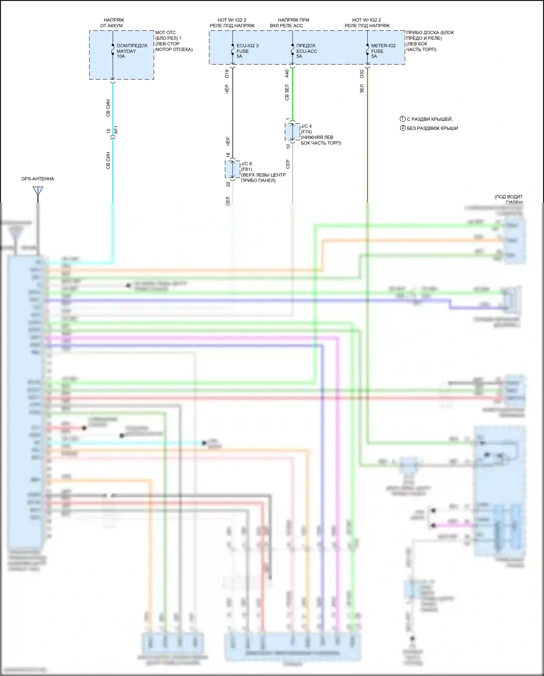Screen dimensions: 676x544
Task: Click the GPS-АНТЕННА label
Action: (x=37, y=179)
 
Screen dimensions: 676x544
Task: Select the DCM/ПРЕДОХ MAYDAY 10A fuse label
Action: (x=132, y=51)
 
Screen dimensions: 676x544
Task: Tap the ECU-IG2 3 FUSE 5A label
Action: (x=247, y=51)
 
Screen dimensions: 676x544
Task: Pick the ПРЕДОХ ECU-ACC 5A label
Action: (x=306, y=51)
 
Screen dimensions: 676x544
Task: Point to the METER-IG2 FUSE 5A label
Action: (x=383, y=51)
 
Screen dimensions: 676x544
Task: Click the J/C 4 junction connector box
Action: (x=292, y=131)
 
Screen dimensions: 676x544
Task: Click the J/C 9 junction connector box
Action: (x=232, y=169)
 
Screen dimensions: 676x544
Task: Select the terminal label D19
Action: (x=227, y=74)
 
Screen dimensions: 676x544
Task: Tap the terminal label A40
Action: (x=287, y=74)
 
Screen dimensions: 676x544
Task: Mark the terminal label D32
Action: (x=362, y=74)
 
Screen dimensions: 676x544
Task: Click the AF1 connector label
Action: (x=116, y=130)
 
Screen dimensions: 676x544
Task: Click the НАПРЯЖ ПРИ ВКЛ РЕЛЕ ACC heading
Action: (x=292, y=23)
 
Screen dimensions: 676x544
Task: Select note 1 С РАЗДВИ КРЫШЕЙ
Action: (x=426, y=119)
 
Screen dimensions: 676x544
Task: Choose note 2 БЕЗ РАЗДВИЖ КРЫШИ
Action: (x=429, y=128)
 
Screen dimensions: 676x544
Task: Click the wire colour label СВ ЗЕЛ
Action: (x=287, y=92)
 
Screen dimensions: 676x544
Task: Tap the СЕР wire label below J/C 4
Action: (x=288, y=164)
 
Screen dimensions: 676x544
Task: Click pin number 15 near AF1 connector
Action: (x=108, y=131)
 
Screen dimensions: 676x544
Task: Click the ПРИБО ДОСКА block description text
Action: (x=429, y=41)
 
